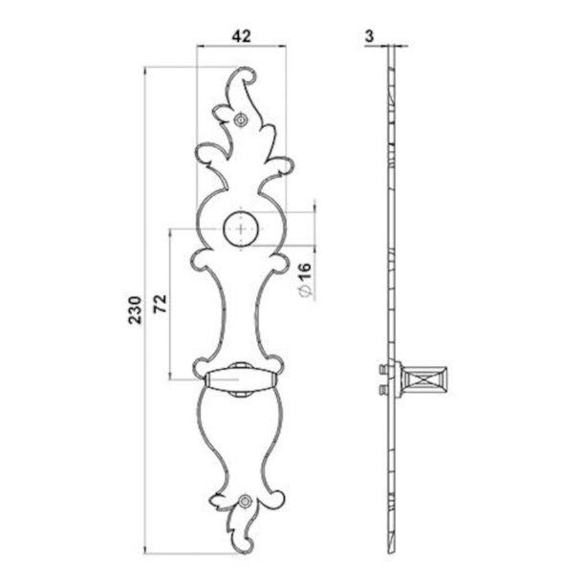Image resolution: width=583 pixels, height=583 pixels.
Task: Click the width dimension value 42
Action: [x=242, y=35]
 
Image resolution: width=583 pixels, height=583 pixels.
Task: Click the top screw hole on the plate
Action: [x=242, y=119]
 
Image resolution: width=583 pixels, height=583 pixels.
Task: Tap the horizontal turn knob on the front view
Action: [x=238, y=379]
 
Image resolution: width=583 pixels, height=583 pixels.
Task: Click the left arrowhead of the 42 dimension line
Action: [x=199, y=46]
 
